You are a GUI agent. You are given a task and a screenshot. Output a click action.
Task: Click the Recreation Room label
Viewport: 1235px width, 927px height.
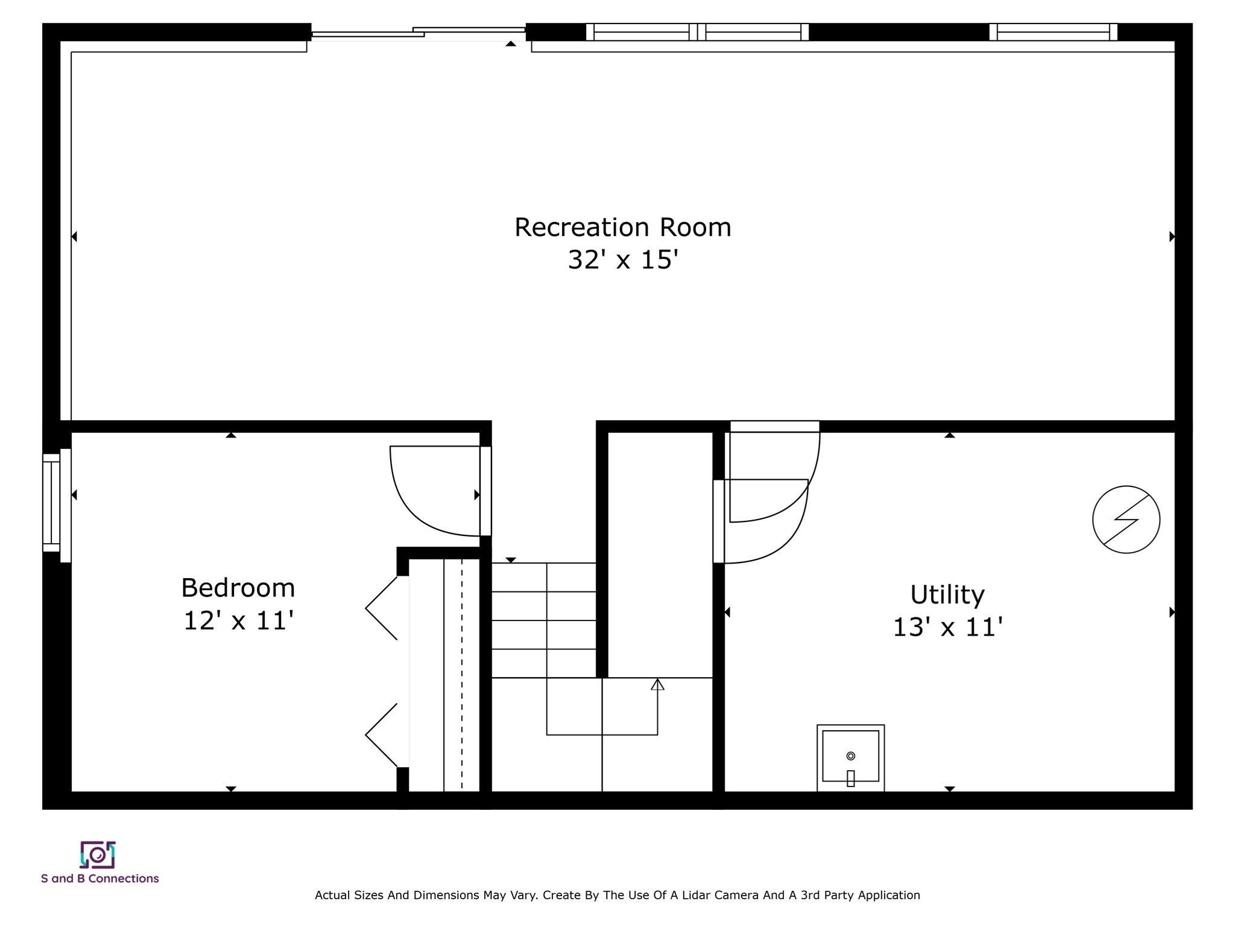click(622, 228)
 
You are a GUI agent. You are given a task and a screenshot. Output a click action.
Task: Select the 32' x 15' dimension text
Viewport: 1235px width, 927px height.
click(622, 260)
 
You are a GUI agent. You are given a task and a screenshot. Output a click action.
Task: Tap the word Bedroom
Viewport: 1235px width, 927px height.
click(238, 588)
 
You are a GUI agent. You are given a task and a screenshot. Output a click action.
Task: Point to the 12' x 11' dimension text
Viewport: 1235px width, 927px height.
click(238, 620)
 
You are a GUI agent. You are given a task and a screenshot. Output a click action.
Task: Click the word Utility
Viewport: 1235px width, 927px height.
click(947, 595)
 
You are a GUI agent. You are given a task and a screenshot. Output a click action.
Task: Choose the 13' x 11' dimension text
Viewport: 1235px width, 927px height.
click(947, 627)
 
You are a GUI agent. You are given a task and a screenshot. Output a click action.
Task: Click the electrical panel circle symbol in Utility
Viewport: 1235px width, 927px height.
click(1126, 520)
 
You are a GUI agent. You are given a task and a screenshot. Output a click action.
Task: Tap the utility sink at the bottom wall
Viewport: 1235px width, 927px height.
click(850, 758)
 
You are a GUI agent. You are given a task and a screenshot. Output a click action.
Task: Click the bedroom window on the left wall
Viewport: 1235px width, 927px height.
click(52, 502)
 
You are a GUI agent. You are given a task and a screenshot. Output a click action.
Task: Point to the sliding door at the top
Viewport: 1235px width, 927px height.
click(419, 33)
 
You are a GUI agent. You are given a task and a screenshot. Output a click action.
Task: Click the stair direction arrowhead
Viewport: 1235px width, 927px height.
click(657, 684)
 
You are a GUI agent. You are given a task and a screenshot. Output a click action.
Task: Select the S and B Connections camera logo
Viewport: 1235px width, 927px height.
click(98, 855)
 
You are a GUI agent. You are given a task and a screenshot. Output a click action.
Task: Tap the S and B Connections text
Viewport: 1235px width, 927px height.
click(100, 879)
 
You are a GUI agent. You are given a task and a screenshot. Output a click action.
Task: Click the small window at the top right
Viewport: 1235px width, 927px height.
click(1053, 32)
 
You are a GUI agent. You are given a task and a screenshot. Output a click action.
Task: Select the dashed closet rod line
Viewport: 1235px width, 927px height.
click(462, 674)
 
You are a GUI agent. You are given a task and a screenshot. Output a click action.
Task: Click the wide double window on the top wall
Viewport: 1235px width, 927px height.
click(697, 32)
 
